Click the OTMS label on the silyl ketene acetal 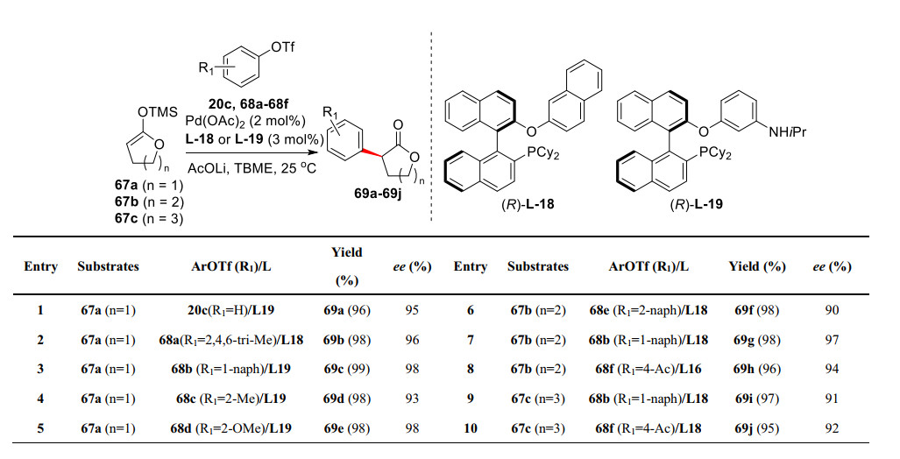point(158,111)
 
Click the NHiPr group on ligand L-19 point(792,131)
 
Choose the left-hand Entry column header point(40,266)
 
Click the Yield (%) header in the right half point(756,266)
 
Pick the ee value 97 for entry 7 point(832,338)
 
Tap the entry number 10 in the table point(470,429)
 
